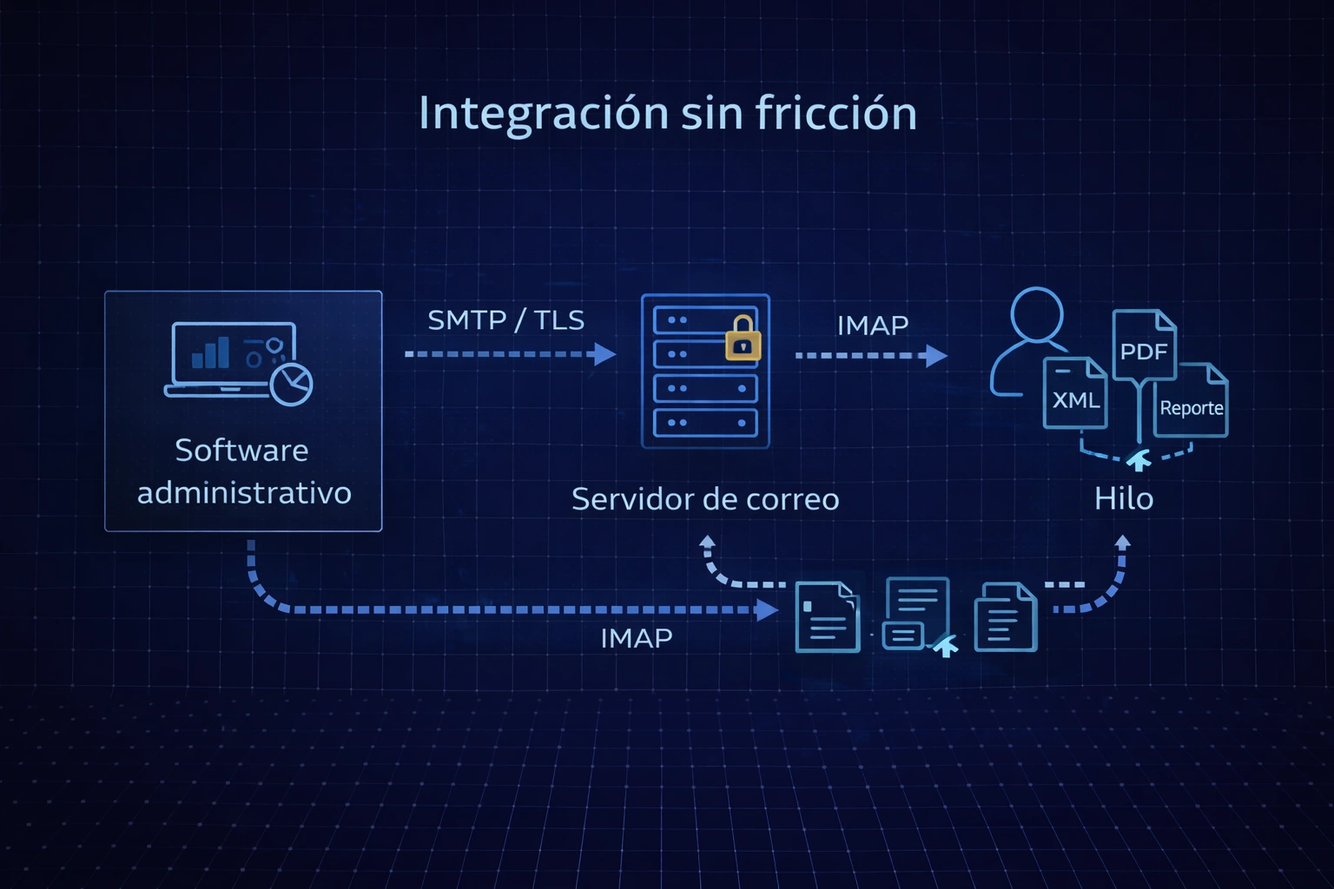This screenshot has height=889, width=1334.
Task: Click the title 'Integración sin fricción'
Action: point(667,114)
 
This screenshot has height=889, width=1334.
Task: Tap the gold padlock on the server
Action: point(743,339)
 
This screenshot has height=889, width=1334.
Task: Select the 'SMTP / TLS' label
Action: point(505,320)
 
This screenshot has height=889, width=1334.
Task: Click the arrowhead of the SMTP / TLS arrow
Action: point(605,354)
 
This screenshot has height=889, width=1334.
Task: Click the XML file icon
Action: point(1075,394)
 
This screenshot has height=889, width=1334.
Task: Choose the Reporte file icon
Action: point(1191,401)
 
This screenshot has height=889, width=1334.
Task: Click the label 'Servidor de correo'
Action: point(705,499)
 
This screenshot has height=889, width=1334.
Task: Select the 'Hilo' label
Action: point(1123,499)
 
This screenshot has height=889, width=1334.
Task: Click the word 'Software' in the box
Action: point(241,451)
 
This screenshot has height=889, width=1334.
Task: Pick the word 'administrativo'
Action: point(244,493)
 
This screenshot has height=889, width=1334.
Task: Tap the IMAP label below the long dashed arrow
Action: point(637,639)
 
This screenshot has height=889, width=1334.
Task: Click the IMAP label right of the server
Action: point(872,326)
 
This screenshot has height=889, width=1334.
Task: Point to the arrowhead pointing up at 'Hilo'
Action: point(1123,543)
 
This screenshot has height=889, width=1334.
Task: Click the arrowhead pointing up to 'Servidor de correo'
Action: point(708,543)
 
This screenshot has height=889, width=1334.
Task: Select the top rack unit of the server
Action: point(705,320)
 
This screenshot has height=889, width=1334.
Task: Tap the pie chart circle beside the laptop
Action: point(292,385)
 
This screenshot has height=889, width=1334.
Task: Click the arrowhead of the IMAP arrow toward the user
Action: point(936,355)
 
